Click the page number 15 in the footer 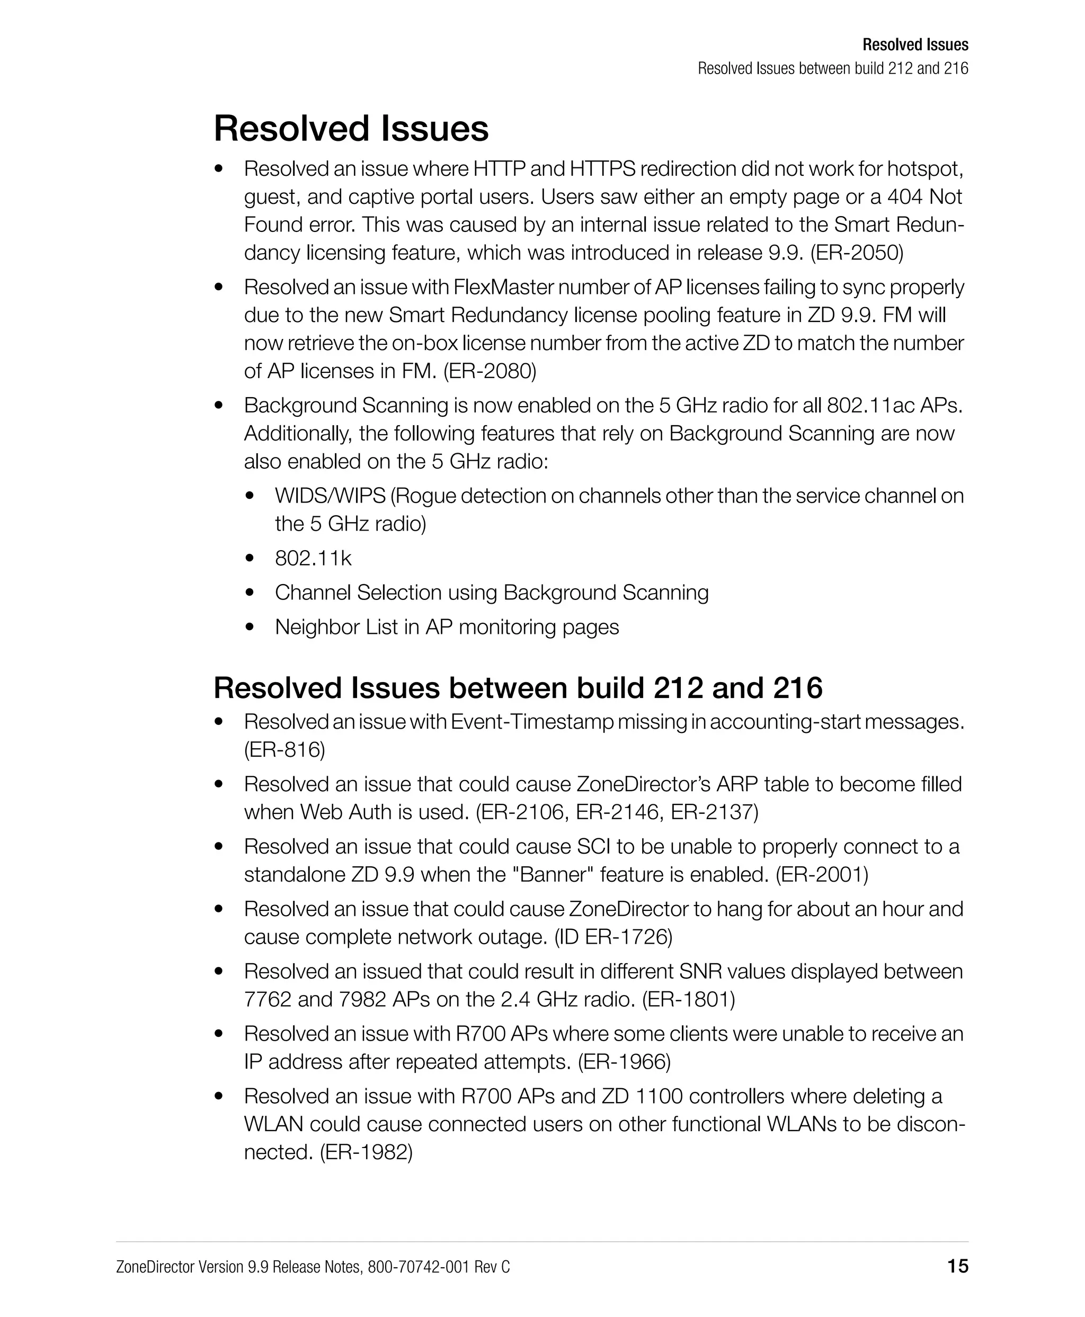coord(957,1266)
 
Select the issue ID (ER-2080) coord(490,371)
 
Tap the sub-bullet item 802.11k coord(313,558)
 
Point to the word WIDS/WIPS coord(330,496)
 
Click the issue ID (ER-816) coord(284,749)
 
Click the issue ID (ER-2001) coord(822,874)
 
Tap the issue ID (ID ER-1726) coord(613,937)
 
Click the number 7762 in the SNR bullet coord(268,999)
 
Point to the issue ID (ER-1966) coord(624,1061)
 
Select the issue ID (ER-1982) coord(366,1151)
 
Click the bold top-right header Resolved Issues coord(915,45)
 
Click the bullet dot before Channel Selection coord(250,592)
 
